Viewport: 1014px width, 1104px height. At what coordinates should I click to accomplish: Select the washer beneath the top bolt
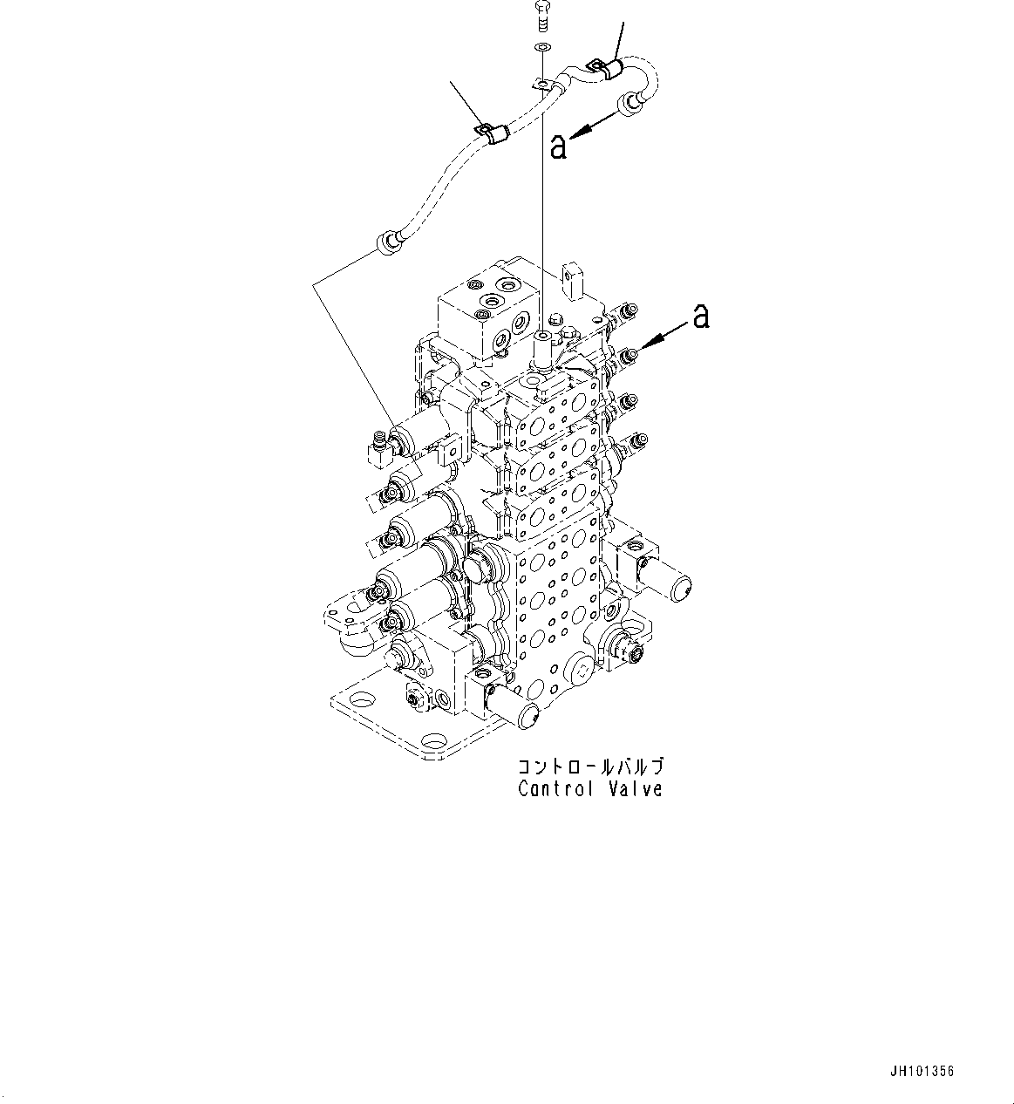pos(542,47)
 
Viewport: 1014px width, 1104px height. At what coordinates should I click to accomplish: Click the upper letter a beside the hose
pos(558,146)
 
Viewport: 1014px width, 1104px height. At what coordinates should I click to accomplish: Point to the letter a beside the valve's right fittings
pos(700,317)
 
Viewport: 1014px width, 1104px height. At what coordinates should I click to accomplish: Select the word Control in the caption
pos(555,789)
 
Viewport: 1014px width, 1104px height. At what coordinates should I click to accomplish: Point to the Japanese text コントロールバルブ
pos(590,767)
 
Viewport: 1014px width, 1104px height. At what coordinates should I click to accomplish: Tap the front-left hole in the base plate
pos(360,699)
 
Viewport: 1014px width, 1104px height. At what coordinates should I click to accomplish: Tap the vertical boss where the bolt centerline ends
pos(543,349)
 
